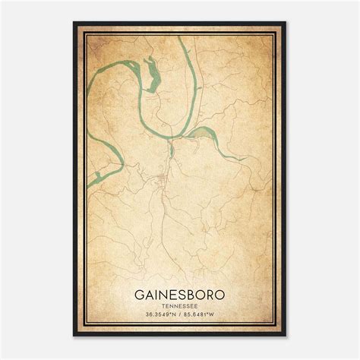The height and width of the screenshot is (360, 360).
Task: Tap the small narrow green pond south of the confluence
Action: pos(172,150)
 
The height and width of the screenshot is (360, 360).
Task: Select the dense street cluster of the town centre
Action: pos(162,180)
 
